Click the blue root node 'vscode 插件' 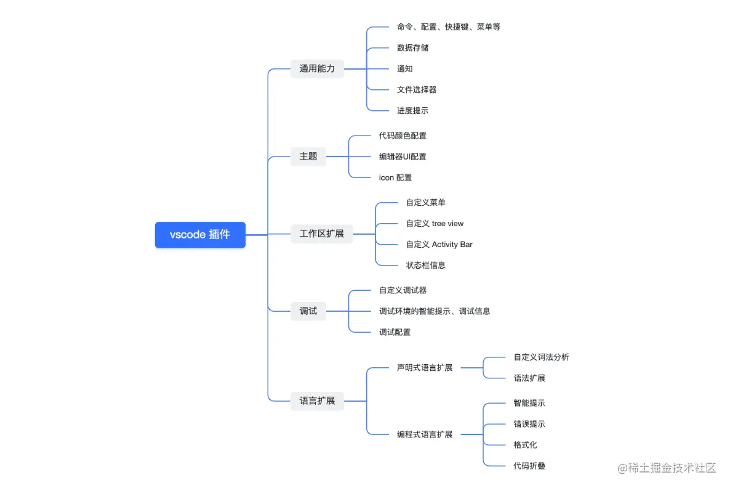200,235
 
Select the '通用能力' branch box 317,68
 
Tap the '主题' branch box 308,157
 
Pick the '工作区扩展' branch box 321,234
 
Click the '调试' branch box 308,311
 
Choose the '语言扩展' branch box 317,401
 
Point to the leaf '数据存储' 412,47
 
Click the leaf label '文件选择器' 417,89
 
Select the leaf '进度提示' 412,111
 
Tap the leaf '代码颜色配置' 403,136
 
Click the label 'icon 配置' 395,177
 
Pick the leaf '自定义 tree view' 435,223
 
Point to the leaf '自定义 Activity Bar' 439,244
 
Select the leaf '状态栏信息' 425,265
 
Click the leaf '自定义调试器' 403,290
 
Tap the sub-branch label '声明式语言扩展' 425,368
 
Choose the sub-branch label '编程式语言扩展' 425,434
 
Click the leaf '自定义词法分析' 541,357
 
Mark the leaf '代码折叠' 529,466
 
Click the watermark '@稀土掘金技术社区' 667,468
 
